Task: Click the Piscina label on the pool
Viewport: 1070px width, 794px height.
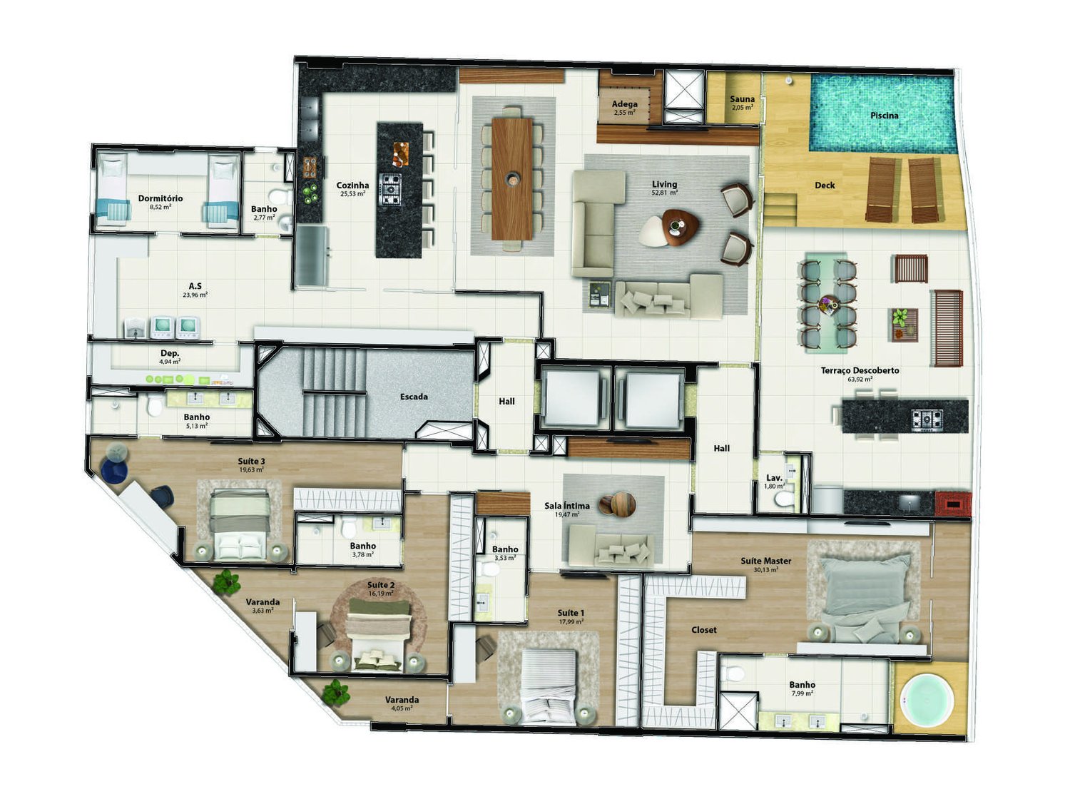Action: [884, 116]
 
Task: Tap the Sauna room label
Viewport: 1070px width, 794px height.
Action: [742, 100]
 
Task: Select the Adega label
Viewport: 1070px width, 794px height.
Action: [625, 104]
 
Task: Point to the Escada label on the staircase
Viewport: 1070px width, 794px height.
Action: [414, 397]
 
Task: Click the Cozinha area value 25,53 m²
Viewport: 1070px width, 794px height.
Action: [352, 194]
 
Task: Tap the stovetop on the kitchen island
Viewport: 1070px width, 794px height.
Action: [390, 189]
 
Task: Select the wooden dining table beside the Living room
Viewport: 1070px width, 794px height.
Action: [512, 178]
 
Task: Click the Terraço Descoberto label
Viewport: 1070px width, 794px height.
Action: [860, 371]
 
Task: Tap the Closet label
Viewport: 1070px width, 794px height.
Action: [704, 631]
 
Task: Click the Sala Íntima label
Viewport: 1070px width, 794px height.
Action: [567, 506]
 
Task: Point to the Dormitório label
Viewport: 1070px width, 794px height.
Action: [160, 198]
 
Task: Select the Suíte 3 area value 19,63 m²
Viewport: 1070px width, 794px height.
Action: [251, 470]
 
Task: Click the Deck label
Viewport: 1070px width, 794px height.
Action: [825, 185]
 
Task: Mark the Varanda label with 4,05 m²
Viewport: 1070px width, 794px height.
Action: [402, 701]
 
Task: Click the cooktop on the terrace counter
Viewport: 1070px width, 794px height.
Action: [927, 419]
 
